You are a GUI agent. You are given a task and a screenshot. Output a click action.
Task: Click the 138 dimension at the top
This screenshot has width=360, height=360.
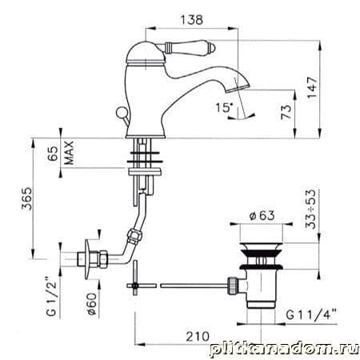192,20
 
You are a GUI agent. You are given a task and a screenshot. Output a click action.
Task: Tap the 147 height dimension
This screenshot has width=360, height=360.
313,88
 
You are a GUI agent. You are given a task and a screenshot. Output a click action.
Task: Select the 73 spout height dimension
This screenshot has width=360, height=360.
286,112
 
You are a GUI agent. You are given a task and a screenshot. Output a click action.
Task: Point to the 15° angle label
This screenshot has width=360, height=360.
224,108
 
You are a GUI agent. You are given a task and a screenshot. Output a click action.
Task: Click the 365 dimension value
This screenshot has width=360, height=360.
26,198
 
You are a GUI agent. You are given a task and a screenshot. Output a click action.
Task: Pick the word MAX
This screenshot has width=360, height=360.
69,153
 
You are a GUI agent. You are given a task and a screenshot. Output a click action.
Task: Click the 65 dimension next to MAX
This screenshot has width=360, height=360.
54,154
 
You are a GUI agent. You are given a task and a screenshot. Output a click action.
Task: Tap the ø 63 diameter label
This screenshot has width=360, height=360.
262,215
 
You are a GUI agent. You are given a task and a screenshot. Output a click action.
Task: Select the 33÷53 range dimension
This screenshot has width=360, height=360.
310,210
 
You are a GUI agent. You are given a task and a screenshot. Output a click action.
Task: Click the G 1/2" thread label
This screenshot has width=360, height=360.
51,296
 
